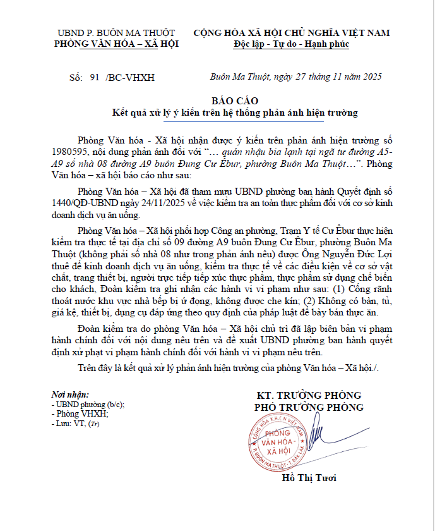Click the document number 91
click(x=95, y=78)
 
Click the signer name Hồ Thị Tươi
click(x=309, y=478)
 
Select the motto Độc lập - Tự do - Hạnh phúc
click(x=291, y=44)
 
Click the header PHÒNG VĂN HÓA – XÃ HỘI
click(x=117, y=44)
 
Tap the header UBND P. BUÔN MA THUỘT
click(x=117, y=33)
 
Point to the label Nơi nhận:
click(x=70, y=394)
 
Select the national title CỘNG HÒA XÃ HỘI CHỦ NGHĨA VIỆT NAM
click(x=291, y=33)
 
